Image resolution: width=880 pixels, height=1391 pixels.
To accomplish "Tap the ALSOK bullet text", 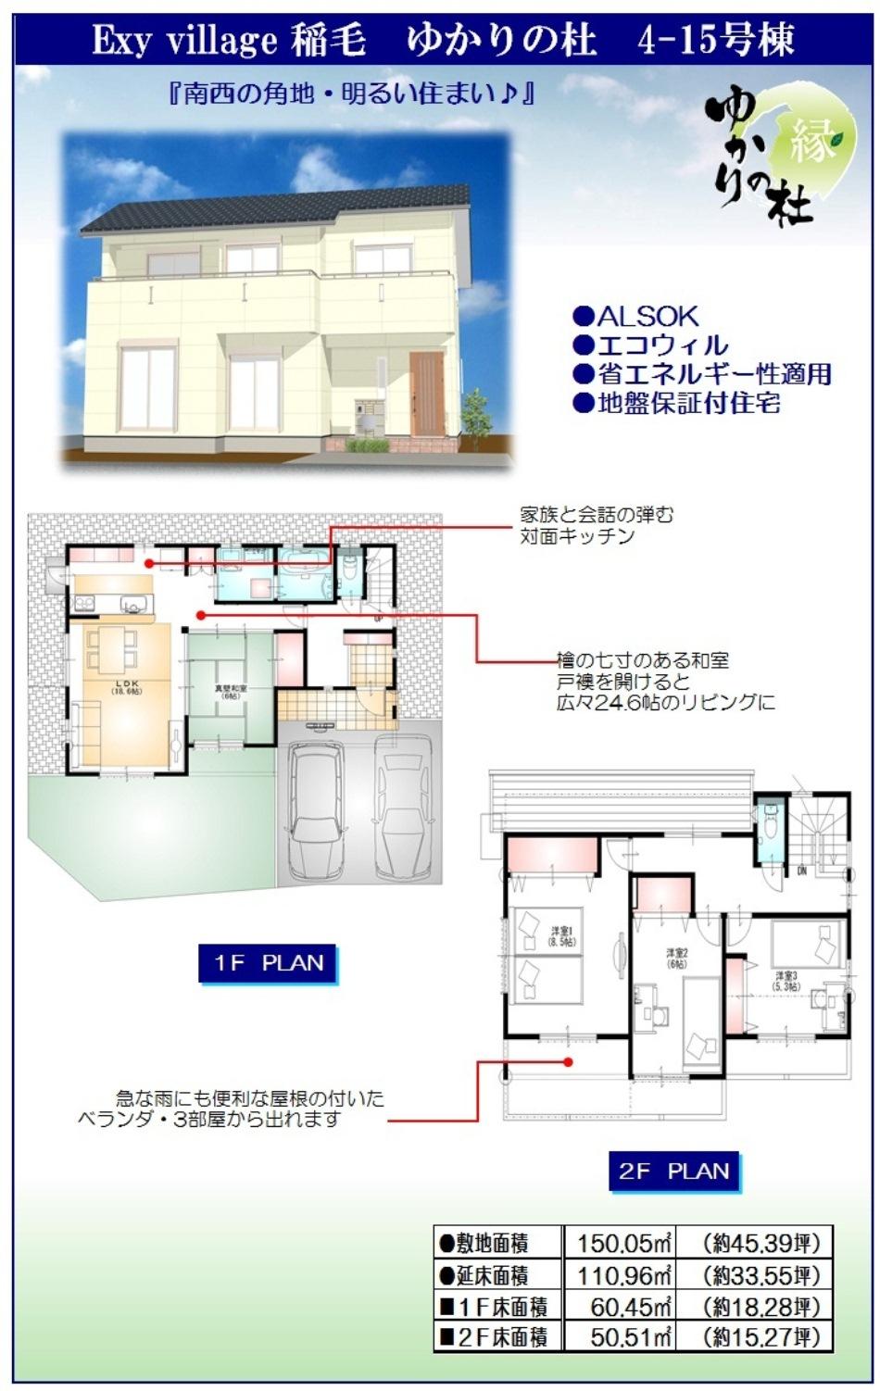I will [x=636, y=316].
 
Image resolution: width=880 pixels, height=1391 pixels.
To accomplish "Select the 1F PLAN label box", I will [x=268, y=963].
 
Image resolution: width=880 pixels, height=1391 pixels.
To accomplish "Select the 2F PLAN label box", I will [x=673, y=1172].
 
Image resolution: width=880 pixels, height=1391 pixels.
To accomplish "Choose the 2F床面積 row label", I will [x=497, y=1337].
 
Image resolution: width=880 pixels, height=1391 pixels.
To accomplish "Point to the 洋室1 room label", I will [x=562, y=935].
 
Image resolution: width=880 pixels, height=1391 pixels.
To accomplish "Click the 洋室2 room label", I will [x=677, y=958].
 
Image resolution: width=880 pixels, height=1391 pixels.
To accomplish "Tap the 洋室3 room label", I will [x=786, y=980].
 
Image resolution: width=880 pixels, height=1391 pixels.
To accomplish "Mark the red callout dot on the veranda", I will [x=570, y=1062].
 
